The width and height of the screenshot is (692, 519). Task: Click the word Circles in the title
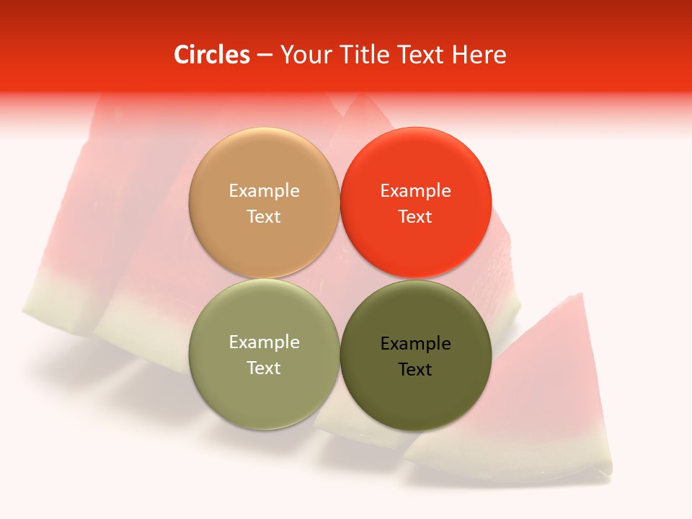(211, 55)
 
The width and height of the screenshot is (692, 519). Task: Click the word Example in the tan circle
(264, 191)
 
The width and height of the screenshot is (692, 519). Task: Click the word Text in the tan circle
(264, 217)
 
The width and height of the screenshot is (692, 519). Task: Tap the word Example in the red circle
(415, 191)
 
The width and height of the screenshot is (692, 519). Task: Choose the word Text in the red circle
(415, 217)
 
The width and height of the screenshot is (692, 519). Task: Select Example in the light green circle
(264, 342)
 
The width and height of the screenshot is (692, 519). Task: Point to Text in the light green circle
(264, 368)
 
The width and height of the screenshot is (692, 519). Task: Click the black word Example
(415, 344)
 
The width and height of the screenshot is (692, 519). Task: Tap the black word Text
(415, 370)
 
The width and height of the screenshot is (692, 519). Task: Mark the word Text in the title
(422, 55)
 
